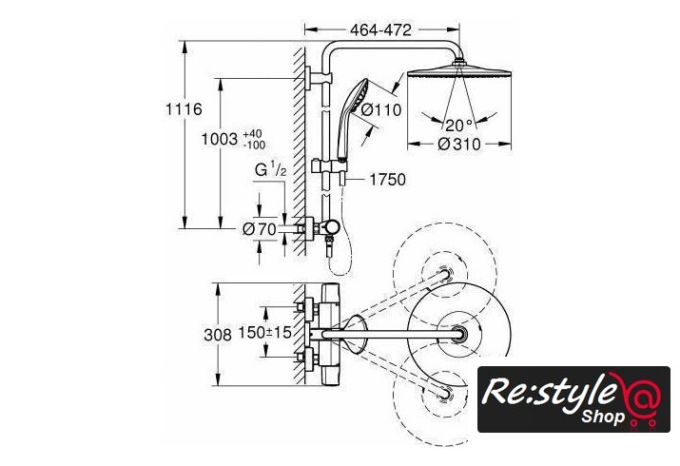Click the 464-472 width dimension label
pos(380,29)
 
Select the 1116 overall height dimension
pos(184,108)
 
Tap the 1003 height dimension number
pos(220,139)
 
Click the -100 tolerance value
pos(254,145)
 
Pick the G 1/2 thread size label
pos(271,169)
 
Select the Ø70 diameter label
pos(260,229)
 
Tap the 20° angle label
pos(458,126)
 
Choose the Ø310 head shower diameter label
pos(459,144)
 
